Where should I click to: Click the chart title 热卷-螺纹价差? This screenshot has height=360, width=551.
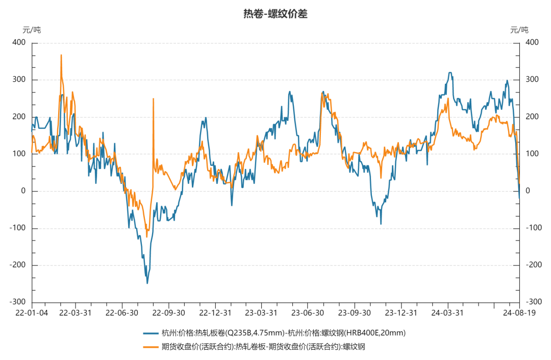pyautogui.click(x=275, y=14)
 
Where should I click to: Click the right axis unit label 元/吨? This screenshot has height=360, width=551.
pyautogui.click(x=519, y=30)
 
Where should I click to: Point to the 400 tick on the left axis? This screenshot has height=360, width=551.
pyautogui.click(x=19, y=43)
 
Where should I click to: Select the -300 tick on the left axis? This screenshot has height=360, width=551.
pyautogui.click(x=18, y=302)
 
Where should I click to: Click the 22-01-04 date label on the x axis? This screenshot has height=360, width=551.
pyautogui.click(x=32, y=313)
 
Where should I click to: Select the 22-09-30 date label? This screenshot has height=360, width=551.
pyautogui.click(x=168, y=313)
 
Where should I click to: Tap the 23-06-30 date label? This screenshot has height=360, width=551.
pyautogui.click(x=308, y=313)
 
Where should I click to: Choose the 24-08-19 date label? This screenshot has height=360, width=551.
pyautogui.click(x=519, y=313)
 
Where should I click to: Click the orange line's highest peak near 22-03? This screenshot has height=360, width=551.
pyautogui.click(x=61, y=55)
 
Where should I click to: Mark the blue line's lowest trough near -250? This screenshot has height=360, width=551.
pyautogui.click(x=147, y=283)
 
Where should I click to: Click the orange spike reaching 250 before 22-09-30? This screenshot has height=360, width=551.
pyautogui.click(x=153, y=99)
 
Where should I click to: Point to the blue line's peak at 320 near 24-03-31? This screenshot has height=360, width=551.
pyautogui.click(x=450, y=73)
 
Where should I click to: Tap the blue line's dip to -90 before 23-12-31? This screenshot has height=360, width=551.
pyautogui.click(x=381, y=224)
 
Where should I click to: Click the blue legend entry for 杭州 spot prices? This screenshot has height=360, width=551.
pyautogui.click(x=275, y=333)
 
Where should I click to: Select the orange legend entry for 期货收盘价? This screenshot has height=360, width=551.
pyautogui.click(x=255, y=347)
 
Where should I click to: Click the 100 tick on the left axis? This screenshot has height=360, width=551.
pyautogui.click(x=19, y=154)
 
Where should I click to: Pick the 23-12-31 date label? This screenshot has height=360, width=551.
pyautogui.click(x=400, y=313)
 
